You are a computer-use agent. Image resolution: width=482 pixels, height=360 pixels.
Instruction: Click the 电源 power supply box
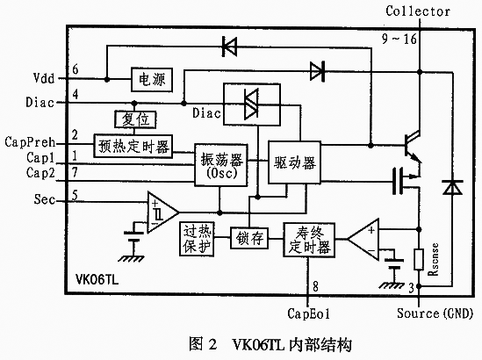(x=152, y=80)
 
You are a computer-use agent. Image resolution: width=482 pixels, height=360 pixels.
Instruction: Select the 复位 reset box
(x=135, y=119)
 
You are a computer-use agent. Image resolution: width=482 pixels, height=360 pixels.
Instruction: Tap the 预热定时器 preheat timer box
(x=133, y=147)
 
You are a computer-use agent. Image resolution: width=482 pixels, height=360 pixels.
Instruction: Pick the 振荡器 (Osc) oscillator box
(x=221, y=165)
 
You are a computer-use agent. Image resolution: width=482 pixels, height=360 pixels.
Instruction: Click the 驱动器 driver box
(x=294, y=162)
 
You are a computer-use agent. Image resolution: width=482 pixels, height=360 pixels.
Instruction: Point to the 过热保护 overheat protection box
(x=197, y=239)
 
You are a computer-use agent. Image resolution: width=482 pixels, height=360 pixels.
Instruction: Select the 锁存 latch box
(x=249, y=238)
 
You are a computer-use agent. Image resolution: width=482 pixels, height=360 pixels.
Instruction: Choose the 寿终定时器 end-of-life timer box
(x=309, y=240)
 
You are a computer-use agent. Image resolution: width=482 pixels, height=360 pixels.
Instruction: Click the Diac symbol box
(x=252, y=104)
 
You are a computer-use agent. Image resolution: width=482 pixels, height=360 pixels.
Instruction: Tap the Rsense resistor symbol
(x=419, y=260)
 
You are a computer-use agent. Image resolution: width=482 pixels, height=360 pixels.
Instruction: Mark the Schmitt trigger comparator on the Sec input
(x=162, y=212)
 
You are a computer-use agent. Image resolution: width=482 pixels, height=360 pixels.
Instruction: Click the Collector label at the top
(x=418, y=11)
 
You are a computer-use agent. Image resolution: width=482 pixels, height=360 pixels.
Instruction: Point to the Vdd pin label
(x=44, y=78)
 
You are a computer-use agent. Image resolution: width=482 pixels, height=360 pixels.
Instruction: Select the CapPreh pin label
(x=30, y=142)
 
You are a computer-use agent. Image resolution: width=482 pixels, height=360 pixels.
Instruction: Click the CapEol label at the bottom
(x=308, y=313)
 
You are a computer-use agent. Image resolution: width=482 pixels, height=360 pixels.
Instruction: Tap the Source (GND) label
(x=435, y=313)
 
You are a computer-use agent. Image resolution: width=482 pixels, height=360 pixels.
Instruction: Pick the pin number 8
(x=315, y=286)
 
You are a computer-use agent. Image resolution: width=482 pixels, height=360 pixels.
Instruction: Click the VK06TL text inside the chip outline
(x=97, y=280)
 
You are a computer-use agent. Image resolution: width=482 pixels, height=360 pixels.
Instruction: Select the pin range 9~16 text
(x=399, y=39)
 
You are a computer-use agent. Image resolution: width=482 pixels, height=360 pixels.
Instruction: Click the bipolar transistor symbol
(x=413, y=147)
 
